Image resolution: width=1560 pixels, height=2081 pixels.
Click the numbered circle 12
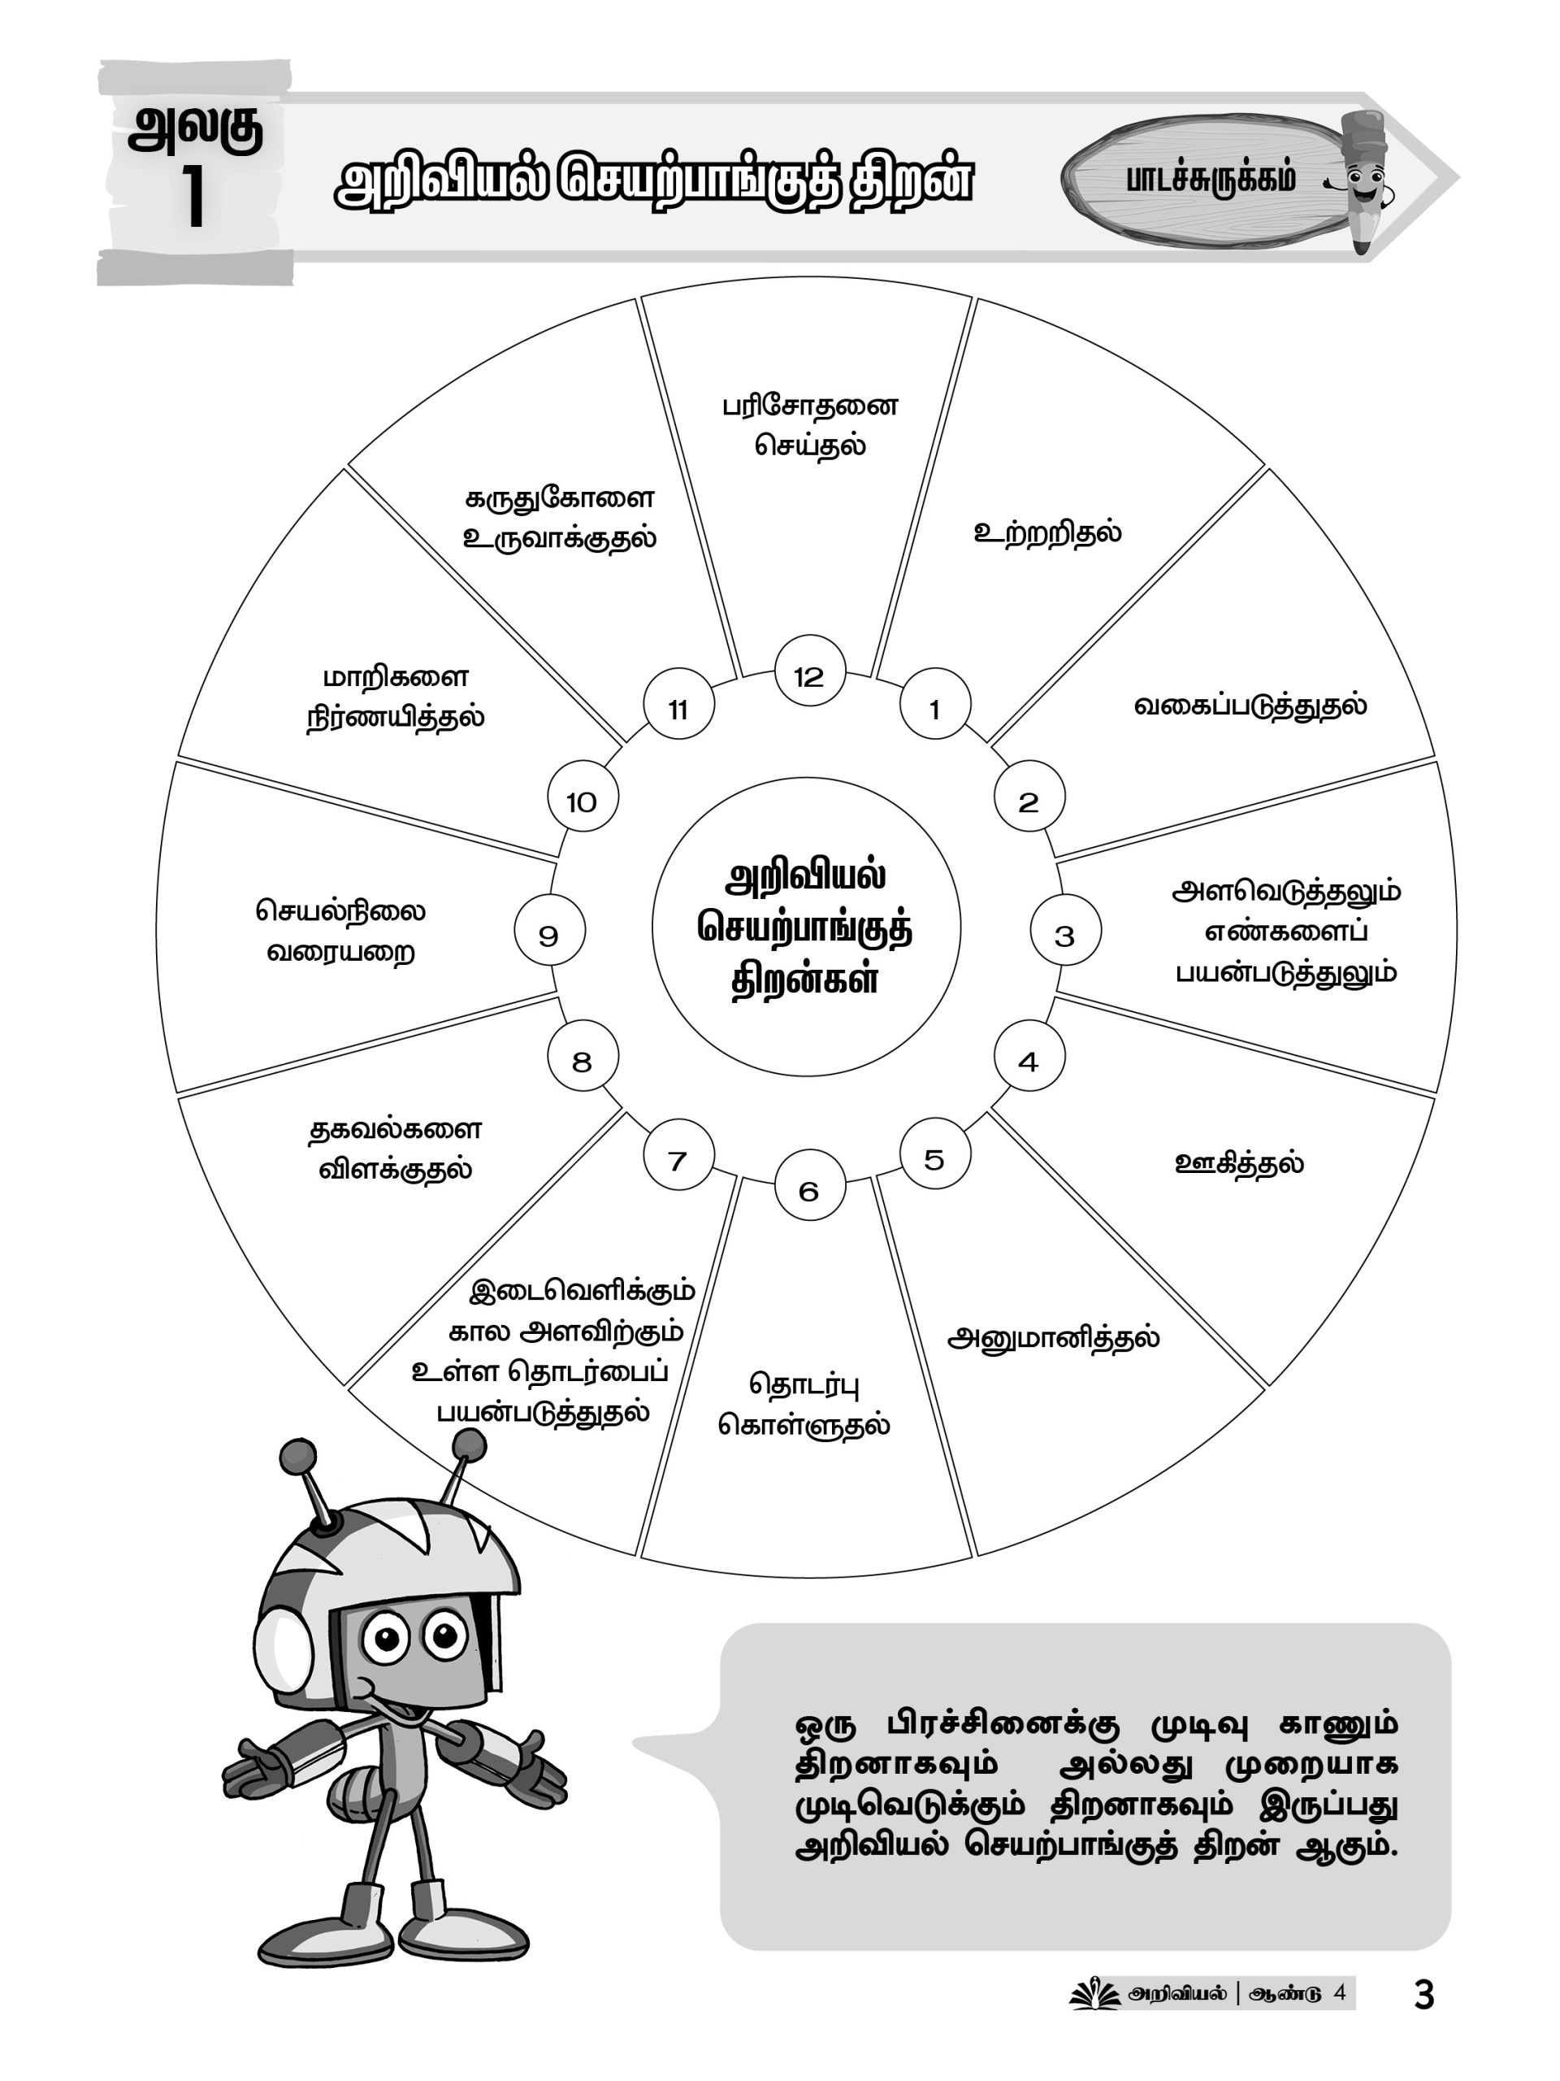coord(809,676)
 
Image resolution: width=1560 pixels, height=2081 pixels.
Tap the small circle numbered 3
coord(1064,934)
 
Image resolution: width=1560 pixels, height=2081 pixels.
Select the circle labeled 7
coord(678,1160)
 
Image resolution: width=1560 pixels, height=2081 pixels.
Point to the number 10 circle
coord(582,801)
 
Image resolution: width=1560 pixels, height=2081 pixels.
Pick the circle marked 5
coord(934,1159)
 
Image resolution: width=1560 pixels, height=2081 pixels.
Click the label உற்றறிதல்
coord(1046,532)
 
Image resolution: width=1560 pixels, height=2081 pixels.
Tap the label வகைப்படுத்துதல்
coord(1250,706)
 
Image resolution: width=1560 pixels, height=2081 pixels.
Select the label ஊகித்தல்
coord(1239,1162)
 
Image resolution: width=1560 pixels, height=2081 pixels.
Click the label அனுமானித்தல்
coord(1053,1338)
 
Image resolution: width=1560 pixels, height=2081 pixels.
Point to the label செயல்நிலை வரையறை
coord(340,931)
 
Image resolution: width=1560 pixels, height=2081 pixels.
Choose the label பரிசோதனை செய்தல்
coord(809,425)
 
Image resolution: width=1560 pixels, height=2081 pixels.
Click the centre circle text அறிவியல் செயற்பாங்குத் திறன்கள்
coord(806,928)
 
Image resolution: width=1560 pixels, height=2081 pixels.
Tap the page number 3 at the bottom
coord(1423,2014)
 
